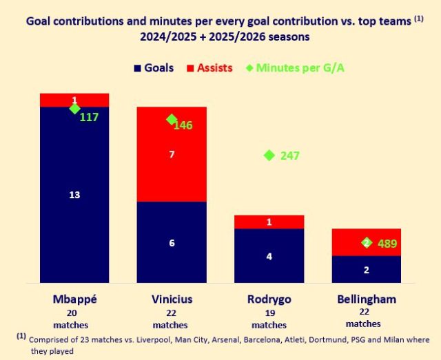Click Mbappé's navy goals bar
[x=74, y=207]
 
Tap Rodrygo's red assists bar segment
[x=269, y=222]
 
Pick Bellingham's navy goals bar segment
[x=367, y=269]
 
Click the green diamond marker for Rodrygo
[x=269, y=156]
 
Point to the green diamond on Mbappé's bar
[x=74, y=108]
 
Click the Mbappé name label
[x=74, y=299]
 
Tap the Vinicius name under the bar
[x=171, y=299]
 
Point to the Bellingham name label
[x=367, y=299]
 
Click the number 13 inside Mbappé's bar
[x=74, y=195]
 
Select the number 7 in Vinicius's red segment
[x=172, y=155]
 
